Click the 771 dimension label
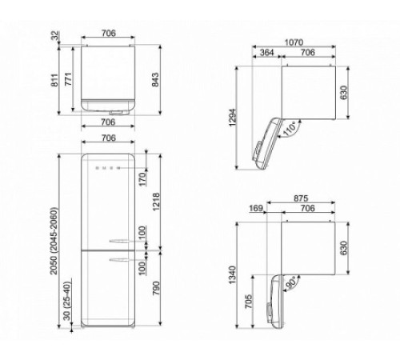[70, 78]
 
